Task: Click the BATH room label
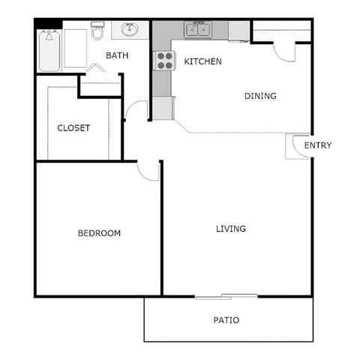click(116, 55)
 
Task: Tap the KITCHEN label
click(202, 61)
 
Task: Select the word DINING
click(260, 96)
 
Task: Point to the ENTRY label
click(317, 145)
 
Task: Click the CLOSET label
click(73, 128)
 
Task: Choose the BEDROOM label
click(99, 233)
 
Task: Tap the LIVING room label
click(231, 229)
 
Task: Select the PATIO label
click(226, 320)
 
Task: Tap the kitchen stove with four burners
click(163, 61)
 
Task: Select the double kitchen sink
click(198, 30)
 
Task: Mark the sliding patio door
click(226, 296)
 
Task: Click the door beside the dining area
click(284, 52)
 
